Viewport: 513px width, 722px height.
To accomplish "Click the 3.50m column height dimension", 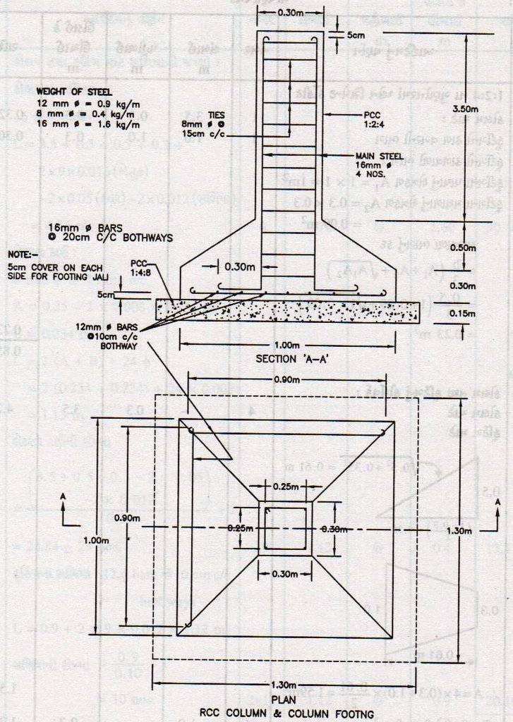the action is (x=465, y=109).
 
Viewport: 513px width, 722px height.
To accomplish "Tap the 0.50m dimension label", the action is (x=464, y=248).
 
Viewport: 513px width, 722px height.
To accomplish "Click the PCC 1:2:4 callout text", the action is (x=373, y=118).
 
